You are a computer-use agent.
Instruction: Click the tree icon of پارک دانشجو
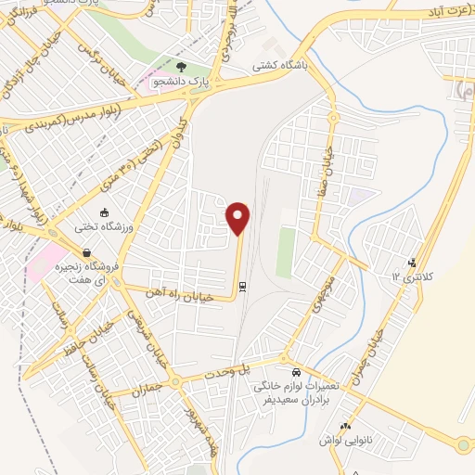point(181,68)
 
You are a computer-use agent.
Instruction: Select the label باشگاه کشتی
point(283,68)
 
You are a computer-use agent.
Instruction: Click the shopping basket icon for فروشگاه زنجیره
point(86,252)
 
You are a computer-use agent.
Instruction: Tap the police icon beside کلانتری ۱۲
point(412,263)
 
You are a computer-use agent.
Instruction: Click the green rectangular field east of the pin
point(286,250)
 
